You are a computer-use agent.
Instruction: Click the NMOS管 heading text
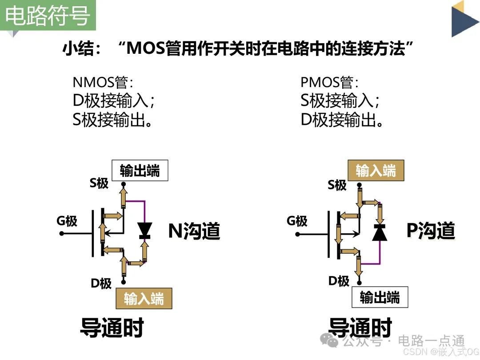[x=103, y=82]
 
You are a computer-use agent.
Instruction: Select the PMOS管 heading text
[x=329, y=82]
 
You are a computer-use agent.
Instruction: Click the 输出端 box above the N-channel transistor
[x=140, y=171]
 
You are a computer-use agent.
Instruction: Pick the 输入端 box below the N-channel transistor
[x=144, y=298]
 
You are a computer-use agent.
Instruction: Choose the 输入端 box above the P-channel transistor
[x=376, y=171]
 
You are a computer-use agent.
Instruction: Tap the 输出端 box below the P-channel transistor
[x=380, y=297]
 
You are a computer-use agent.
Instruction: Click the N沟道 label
[x=194, y=231]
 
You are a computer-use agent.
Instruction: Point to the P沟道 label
[x=431, y=231]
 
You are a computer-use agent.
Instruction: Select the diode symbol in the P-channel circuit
[x=380, y=232]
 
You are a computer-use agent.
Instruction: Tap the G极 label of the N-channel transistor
[x=67, y=220]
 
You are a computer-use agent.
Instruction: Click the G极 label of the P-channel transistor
[x=297, y=220]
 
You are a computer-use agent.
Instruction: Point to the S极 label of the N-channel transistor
[x=99, y=183]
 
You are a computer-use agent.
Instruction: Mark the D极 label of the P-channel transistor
[x=339, y=281]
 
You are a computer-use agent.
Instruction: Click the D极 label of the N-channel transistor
[x=101, y=283]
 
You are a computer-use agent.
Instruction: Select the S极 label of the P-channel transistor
[x=337, y=184]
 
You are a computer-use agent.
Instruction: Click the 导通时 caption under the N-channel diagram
[x=112, y=328]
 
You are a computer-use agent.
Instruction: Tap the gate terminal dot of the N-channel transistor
[x=61, y=232]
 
